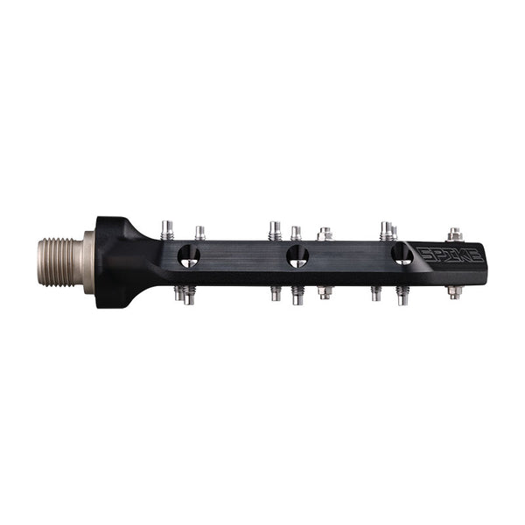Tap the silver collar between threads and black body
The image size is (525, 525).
(x=90, y=262)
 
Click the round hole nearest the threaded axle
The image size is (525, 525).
(x=188, y=255)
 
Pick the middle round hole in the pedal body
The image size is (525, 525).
(x=297, y=255)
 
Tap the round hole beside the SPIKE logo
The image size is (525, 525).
(x=403, y=254)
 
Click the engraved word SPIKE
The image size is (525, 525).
(x=450, y=254)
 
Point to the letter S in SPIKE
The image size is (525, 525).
(x=423, y=254)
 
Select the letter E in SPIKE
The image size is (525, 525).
(x=476, y=255)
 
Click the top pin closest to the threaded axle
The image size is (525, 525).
(x=167, y=230)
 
